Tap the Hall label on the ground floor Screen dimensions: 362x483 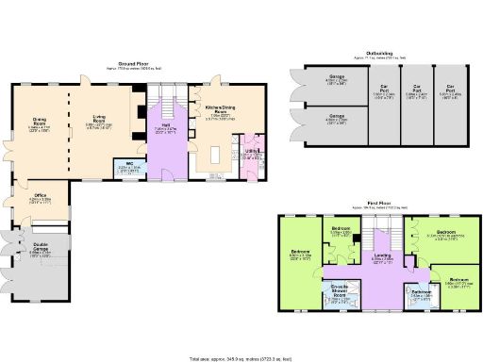pos(164,128)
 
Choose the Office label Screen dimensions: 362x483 pos(39,198)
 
